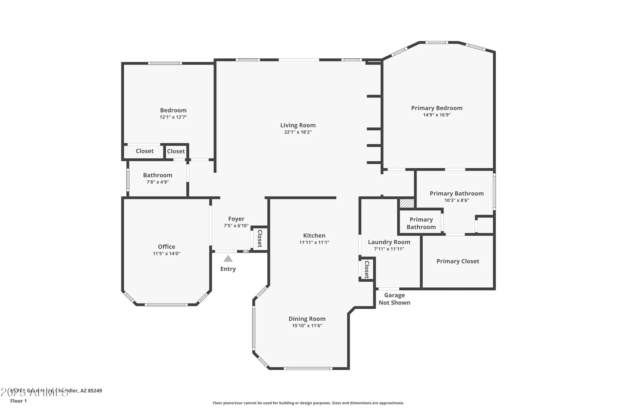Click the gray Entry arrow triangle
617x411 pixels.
(228, 259)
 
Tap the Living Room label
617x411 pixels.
(298, 125)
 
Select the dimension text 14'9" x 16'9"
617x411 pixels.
(437, 115)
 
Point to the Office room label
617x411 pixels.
(166, 247)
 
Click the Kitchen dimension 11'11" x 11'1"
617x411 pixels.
(314, 242)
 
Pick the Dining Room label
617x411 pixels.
(307, 319)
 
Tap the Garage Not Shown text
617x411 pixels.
(394, 299)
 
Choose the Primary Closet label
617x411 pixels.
(458, 261)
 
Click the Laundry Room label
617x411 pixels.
(389, 242)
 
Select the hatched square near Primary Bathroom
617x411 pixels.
(407, 203)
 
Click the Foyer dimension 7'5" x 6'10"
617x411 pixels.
(236, 226)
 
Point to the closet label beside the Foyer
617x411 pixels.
(260, 238)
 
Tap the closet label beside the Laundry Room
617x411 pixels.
(367, 269)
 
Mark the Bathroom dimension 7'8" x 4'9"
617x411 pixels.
(157, 182)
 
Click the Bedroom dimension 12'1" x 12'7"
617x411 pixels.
(173, 117)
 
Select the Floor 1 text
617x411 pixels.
(19, 401)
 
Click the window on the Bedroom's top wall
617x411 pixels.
(165, 64)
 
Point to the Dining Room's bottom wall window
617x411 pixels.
(308, 368)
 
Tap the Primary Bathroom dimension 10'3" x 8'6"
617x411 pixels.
(457, 200)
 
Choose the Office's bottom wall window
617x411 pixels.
(166, 305)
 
